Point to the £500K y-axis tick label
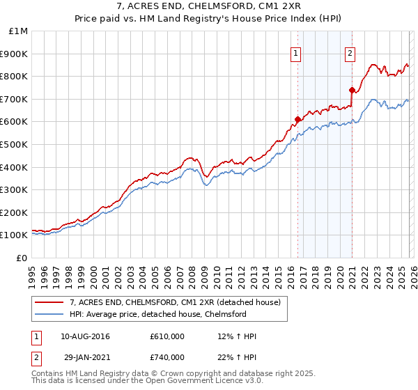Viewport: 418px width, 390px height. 15,145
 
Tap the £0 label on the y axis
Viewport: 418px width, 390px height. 22,258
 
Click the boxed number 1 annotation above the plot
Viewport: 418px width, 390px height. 295,52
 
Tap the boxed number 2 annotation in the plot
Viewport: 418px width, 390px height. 349,52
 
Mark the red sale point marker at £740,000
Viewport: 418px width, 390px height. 353,90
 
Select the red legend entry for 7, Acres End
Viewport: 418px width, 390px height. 174,302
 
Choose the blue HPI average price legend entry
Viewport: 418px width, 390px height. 157,315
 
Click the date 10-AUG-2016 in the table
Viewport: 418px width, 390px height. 85,336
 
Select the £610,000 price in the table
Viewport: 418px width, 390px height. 167,336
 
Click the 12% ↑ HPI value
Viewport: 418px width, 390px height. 237,336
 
